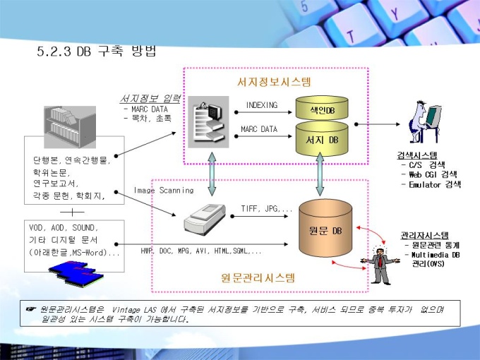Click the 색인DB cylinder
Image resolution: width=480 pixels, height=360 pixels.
[322, 108]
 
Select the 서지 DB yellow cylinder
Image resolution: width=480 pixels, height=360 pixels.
[322, 138]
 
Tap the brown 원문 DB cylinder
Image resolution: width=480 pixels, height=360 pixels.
[325, 229]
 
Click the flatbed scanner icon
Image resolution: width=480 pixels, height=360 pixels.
[204, 220]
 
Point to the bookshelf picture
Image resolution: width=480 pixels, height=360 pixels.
[70, 127]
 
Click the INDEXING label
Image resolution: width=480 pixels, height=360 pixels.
[262, 105]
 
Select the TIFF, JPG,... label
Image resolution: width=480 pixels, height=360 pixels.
[266, 209]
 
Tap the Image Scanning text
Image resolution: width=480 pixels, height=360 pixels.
[164, 191]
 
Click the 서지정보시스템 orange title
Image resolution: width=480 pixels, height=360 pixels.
[274, 82]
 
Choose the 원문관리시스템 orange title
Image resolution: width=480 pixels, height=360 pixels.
[258, 277]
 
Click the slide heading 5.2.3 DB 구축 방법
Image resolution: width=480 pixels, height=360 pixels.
[97, 51]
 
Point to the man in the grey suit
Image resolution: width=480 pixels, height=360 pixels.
[380, 265]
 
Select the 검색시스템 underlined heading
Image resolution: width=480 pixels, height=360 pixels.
[417, 155]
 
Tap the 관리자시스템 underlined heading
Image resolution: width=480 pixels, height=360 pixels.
[425, 235]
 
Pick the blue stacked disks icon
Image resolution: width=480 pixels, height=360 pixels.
[76, 273]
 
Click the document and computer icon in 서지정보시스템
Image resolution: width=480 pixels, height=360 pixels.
[208, 122]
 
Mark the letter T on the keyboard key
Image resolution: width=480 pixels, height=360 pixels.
[351, 37]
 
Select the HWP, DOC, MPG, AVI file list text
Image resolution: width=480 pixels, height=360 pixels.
[201, 251]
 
